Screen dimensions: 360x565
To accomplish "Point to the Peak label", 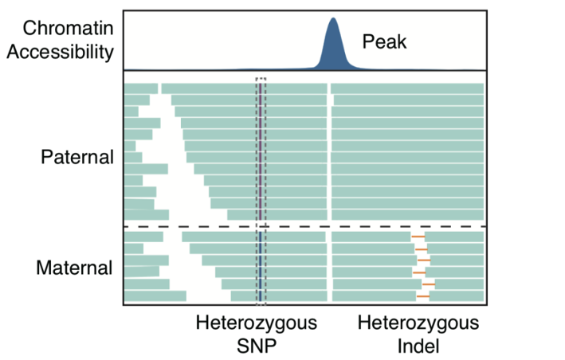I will [384, 42].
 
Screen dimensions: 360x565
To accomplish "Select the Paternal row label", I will [77, 157].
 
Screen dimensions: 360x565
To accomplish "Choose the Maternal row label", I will [75, 268].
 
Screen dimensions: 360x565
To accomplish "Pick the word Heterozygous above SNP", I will [256, 324].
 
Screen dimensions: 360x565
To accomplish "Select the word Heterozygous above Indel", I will [418, 324].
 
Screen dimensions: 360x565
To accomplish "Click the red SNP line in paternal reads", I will [260, 151].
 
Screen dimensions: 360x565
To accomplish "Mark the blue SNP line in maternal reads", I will [260, 267].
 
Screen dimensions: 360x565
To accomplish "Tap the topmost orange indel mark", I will [418, 237].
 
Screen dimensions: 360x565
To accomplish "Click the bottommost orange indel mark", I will [422, 296].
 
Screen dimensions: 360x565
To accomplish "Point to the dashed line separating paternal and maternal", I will [303, 227].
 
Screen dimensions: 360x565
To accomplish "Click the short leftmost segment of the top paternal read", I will [141, 88].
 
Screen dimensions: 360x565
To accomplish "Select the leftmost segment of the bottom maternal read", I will [155, 296].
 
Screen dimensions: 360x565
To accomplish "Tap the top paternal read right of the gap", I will [407, 88].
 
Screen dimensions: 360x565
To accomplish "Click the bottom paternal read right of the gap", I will [407, 215].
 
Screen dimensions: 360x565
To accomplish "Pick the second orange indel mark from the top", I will [422, 249].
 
